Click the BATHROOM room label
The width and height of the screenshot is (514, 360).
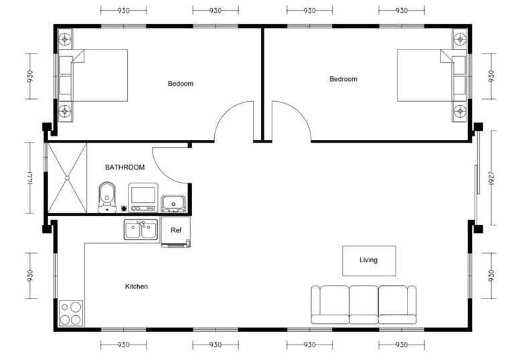coord(124,167)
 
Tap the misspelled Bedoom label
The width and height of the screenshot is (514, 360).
coord(180,84)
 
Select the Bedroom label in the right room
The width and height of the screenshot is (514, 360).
coord(343,79)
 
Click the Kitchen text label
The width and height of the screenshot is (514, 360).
coord(137,286)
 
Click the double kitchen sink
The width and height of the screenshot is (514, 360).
coord(141,230)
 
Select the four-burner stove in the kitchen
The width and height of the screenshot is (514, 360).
coord(71,313)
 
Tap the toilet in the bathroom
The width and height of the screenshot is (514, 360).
coord(107,197)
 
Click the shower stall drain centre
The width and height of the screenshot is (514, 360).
coord(67,178)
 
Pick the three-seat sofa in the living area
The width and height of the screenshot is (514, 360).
coord(363,304)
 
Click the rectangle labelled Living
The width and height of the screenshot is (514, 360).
coord(369,261)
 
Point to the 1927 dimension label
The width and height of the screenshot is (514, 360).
coord(491,178)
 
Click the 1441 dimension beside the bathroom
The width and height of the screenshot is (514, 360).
coord(30,178)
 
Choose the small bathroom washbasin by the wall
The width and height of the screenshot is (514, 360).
coord(173,203)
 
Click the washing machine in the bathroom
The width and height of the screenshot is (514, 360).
coord(143,197)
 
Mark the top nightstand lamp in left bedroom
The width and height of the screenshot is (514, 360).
coord(65,39)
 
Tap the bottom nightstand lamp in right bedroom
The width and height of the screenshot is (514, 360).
coord(460,111)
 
